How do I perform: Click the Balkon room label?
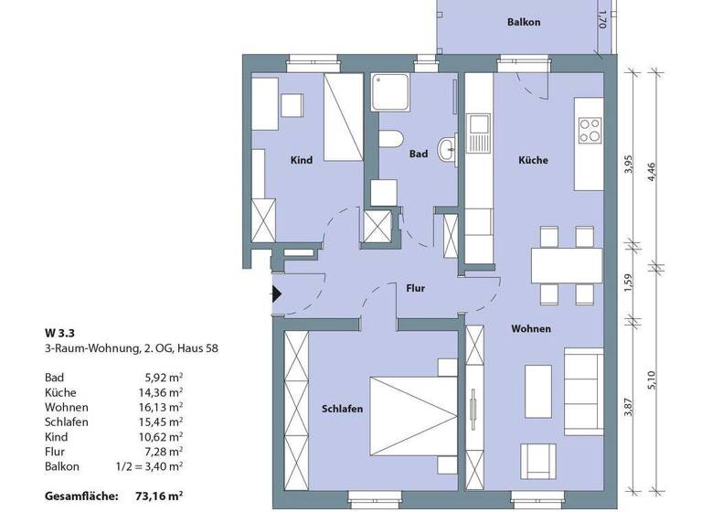[524, 21]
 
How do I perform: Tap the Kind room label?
[302, 160]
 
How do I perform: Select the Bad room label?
[419, 155]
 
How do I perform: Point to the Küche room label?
[533, 160]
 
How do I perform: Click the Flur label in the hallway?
[416, 288]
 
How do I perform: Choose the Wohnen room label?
[531, 328]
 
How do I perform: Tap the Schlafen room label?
[343, 409]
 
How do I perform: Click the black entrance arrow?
[276, 294]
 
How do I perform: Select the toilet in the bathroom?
[391, 140]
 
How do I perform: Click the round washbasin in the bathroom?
[448, 148]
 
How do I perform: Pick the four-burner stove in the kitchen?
[590, 131]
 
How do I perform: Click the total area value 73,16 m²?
[156, 496]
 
